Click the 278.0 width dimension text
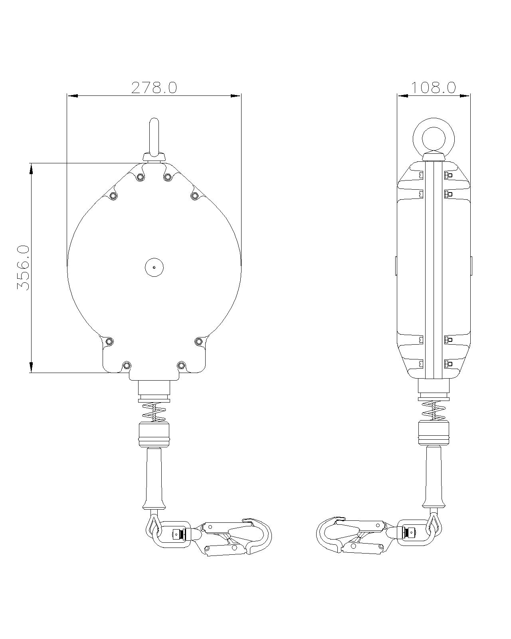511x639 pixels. [154, 87]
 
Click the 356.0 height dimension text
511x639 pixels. [23, 268]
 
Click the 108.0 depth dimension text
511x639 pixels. [434, 87]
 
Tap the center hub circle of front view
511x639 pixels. [154, 267]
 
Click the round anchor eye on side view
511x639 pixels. [434, 135]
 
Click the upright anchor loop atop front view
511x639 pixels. [154, 136]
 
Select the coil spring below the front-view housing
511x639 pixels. [154, 412]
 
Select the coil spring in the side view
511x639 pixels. [434, 410]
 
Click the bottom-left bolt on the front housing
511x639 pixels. [127, 365]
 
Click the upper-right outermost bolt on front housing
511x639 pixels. [194, 195]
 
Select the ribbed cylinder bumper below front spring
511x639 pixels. [154, 435]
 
